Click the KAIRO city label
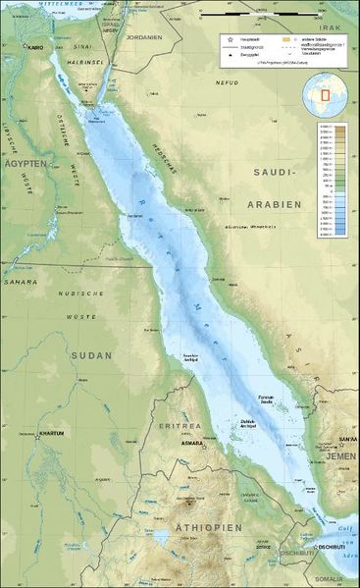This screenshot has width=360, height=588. coord(36,47)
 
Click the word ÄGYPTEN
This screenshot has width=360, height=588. coord(24,165)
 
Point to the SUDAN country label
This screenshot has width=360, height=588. coord(93,354)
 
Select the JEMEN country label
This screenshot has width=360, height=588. coord(341,457)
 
